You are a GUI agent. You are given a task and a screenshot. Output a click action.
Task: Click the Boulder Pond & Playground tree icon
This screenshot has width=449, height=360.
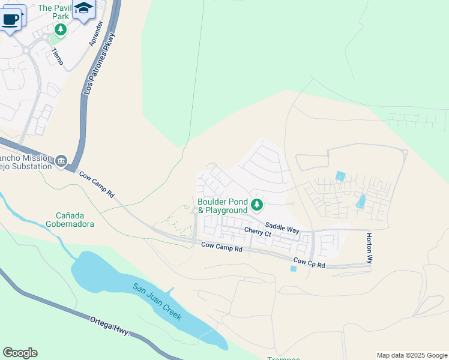click(x=257, y=205)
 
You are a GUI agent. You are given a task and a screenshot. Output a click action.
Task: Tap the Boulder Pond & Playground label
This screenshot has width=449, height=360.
click(x=223, y=206)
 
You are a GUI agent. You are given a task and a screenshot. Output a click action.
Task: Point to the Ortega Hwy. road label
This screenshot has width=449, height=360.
click(x=110, y=326)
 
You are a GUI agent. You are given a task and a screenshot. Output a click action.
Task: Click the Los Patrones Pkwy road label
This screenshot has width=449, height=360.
click(x=98, y=64)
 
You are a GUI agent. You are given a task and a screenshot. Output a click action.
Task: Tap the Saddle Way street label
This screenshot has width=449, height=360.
click(x=282, y=226)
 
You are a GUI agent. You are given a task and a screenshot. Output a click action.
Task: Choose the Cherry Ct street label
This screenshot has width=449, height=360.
click(x=258, y=231)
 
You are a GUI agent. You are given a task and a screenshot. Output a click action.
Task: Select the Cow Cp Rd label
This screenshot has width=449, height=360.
click(x=309, y=262)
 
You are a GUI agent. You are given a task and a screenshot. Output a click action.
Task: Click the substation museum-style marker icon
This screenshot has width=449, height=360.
click(x=61, y=161)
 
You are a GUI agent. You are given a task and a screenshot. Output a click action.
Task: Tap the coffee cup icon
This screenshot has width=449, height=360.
click(x=10, y=19)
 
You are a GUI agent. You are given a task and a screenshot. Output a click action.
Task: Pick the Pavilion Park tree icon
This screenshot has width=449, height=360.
click(x=60, y=29)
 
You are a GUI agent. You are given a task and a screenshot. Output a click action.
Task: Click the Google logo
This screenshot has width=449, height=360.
click(x=20, y=353)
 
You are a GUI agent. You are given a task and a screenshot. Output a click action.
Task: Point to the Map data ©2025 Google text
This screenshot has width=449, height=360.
click(x=412, y=355)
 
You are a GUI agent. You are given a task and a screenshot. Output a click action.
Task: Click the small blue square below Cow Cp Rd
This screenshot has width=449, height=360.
click(x=293, y=268)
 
